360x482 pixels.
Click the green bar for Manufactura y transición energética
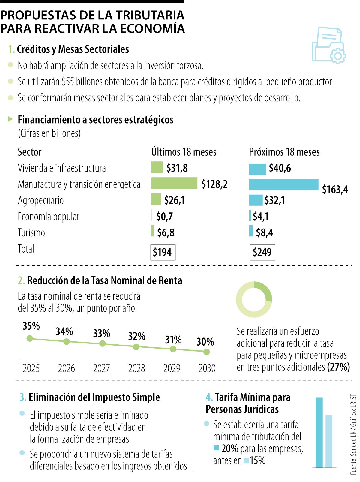[x=174, y=183]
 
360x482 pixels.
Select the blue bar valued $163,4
[x=283, y=185]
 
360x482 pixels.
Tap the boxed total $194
[x=162, y=252]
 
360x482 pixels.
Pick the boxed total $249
[x=262, y=252]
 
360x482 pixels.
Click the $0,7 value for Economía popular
[x=164, y=216]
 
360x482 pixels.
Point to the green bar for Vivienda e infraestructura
[x=157, y=167]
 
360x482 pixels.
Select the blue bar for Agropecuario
[x=256, y=200]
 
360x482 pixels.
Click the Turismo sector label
[x=31, y=233]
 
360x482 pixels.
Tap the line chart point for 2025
[x=30, y=338]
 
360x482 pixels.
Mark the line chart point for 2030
[x=206, y=352]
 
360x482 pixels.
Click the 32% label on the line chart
[x=137, y=336]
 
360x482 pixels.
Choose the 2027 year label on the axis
[x=101, y=368]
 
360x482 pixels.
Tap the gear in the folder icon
[x=338, y=56]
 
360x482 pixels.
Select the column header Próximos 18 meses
[x=284, y=152]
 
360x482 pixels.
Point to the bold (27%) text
[x=338, y=367]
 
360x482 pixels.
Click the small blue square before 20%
[x=216, y=448]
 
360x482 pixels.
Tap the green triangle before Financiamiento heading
[x=10, y=119]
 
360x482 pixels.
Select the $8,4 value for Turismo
[x=264, y=232]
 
